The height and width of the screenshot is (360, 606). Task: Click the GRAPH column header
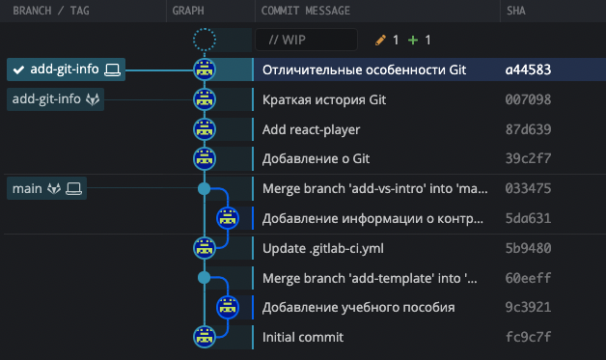tap(188, 11)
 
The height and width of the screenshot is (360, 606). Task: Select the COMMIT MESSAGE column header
tap(305, 11)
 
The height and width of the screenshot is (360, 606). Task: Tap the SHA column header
tap(516, 11)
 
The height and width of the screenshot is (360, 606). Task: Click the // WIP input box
tap(306, 41)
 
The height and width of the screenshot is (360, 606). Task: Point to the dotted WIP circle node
tap(204, 41)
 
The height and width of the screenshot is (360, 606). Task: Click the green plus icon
tap(413, 41)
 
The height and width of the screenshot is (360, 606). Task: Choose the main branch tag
tap(46, 188)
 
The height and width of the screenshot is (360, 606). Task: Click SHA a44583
tap(528, 69)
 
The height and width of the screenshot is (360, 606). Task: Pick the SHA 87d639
tap(528, 129)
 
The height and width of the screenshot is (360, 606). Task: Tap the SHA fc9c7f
tap(528, 338)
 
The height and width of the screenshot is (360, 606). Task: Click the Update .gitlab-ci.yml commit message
tap(323, 248)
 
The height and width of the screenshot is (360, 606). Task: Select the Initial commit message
tap(303, 338)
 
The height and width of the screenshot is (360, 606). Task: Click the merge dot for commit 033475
tap(204, 188)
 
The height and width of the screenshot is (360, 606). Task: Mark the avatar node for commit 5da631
tap(228, 218)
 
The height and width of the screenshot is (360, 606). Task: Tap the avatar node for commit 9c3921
tap(228, 308)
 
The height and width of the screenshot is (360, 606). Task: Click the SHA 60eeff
tap(528, 278)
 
